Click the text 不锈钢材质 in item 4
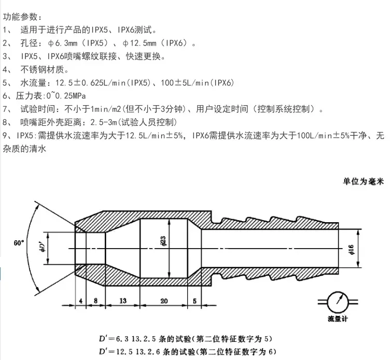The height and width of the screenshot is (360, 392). (x=44, y=69)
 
